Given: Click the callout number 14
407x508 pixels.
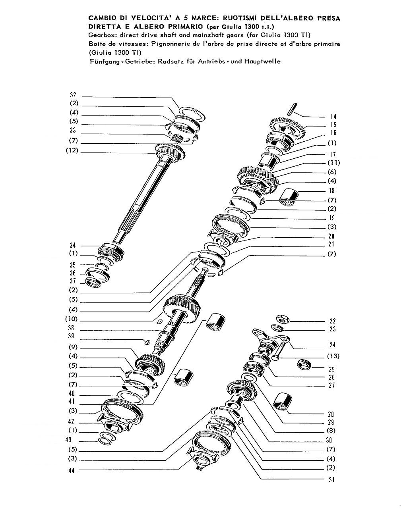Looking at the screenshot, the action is (x=333, y=116).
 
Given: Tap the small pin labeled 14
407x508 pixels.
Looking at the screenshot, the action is (x=292, y=109).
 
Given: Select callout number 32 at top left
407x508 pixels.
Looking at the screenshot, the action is (x=73, y=95).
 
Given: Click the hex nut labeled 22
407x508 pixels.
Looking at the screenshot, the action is (x=283, y=319).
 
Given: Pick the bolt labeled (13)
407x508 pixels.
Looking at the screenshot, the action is (x=279, y=350).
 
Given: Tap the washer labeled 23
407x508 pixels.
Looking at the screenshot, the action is (x=277, y=328).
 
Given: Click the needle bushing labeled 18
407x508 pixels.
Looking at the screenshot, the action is (x=289, y=197).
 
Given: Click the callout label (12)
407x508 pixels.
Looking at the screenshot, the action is (x=72, y=150).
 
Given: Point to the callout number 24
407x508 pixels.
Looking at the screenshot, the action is (x=333, y=345).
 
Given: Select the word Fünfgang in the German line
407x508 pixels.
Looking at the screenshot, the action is (x=104, y=62).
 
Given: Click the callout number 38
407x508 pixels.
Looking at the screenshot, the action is (x=71, y=328).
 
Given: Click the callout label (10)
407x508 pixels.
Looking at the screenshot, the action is (x=72, y=319).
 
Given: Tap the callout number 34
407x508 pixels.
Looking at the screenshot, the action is (x=73, y=245).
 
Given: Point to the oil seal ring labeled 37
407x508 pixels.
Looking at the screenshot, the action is (x=93, y=282).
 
